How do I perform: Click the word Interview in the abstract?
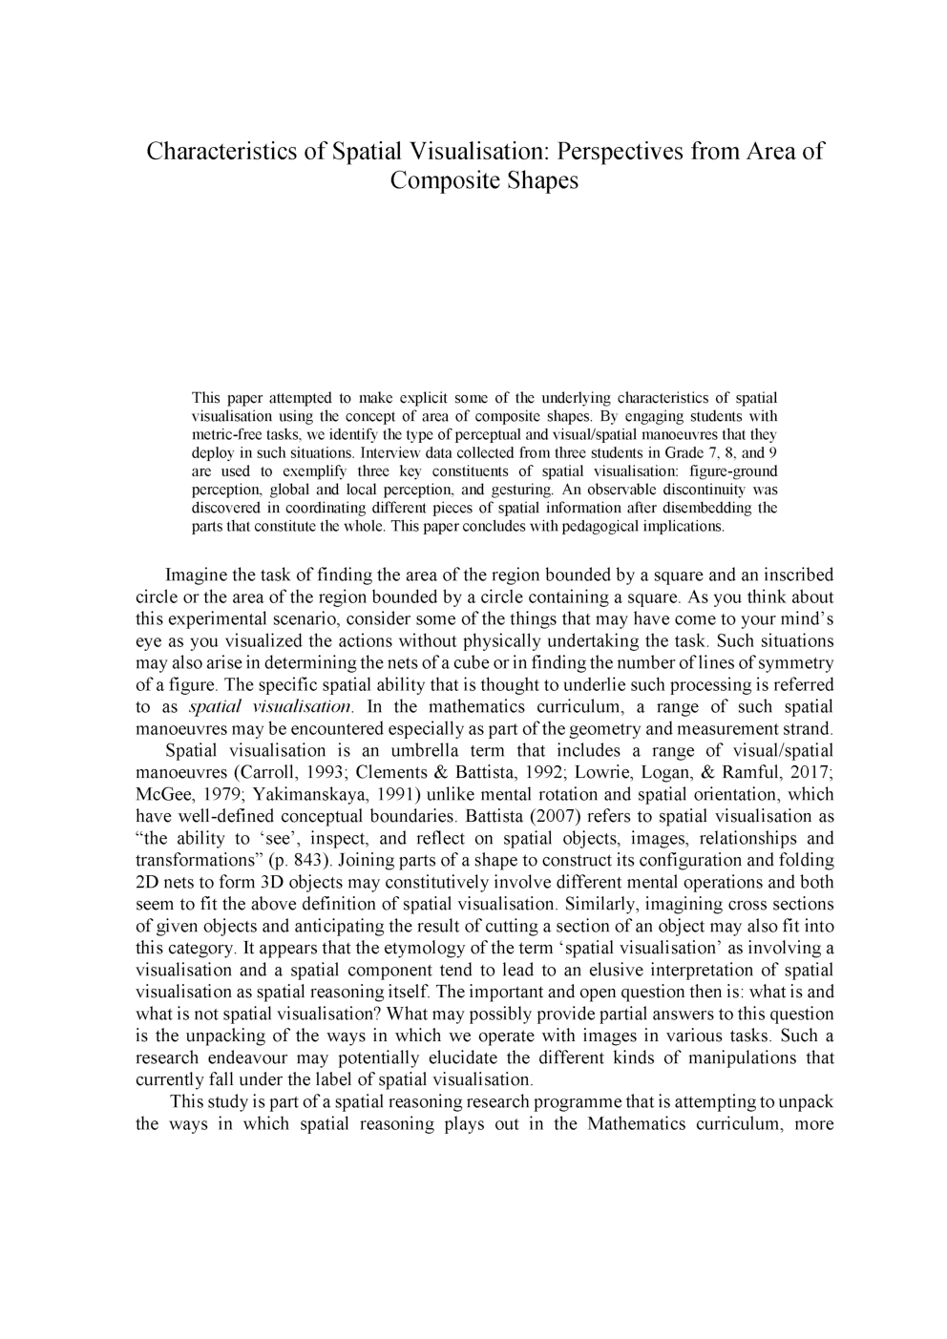386,452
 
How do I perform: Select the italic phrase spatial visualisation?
272,707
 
